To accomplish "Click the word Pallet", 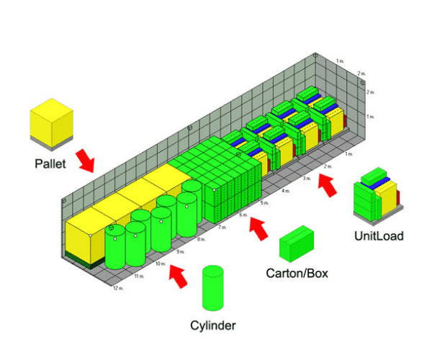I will click(x=50, y=163).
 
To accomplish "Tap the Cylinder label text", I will click(x=213, y=325).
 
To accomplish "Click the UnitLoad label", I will click(x=379, y=235).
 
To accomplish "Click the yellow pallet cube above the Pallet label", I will click(x=51, y=123).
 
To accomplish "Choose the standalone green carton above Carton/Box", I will click(x=296, y=243).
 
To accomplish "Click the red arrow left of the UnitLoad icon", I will click(x=327, y=186).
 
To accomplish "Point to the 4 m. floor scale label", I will click(x=286, y=191).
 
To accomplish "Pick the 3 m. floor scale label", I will click(x=307, y=178).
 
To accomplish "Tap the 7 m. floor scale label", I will click(x=222, y=227).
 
